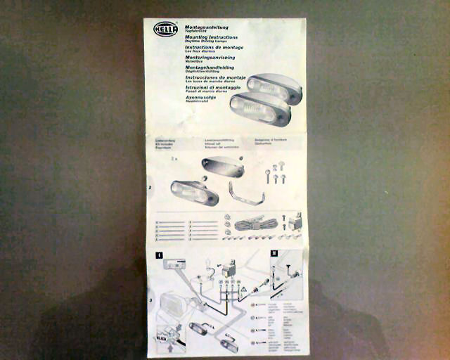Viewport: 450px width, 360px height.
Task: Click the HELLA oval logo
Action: pos(166,30)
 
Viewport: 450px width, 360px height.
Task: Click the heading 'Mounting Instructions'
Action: pos(211,37)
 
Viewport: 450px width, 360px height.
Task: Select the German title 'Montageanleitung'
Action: pos(207,27)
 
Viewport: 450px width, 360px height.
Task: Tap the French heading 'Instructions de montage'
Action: pos(214,47)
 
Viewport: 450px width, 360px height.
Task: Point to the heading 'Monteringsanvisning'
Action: pos(210,57)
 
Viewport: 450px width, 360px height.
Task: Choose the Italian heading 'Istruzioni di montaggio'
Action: pos(214,86)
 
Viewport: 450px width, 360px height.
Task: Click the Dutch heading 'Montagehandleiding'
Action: pos(210,67)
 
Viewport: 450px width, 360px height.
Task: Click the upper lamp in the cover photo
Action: pos(275,88)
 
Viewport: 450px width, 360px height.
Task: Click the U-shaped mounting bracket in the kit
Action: pos(246,193)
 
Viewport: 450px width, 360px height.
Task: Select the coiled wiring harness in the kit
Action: pos(252,224)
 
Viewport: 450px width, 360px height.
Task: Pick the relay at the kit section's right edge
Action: pos(295,221)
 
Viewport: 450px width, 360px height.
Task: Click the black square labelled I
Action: pos(160,255)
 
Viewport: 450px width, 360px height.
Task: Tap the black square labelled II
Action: pos(274,254)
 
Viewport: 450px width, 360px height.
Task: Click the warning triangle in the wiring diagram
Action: pos(243,288)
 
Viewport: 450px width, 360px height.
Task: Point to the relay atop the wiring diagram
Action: pos(229,269)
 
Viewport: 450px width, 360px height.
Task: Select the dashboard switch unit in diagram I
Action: pos(174,264)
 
